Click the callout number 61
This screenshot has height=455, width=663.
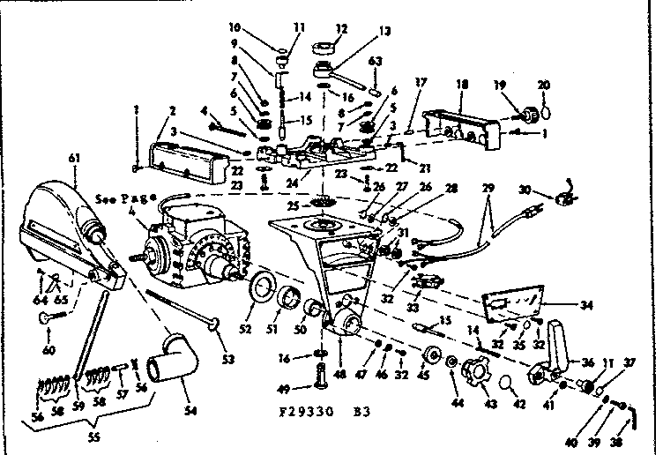tap(72, 157)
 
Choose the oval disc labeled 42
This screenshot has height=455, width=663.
tap(510, 384)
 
